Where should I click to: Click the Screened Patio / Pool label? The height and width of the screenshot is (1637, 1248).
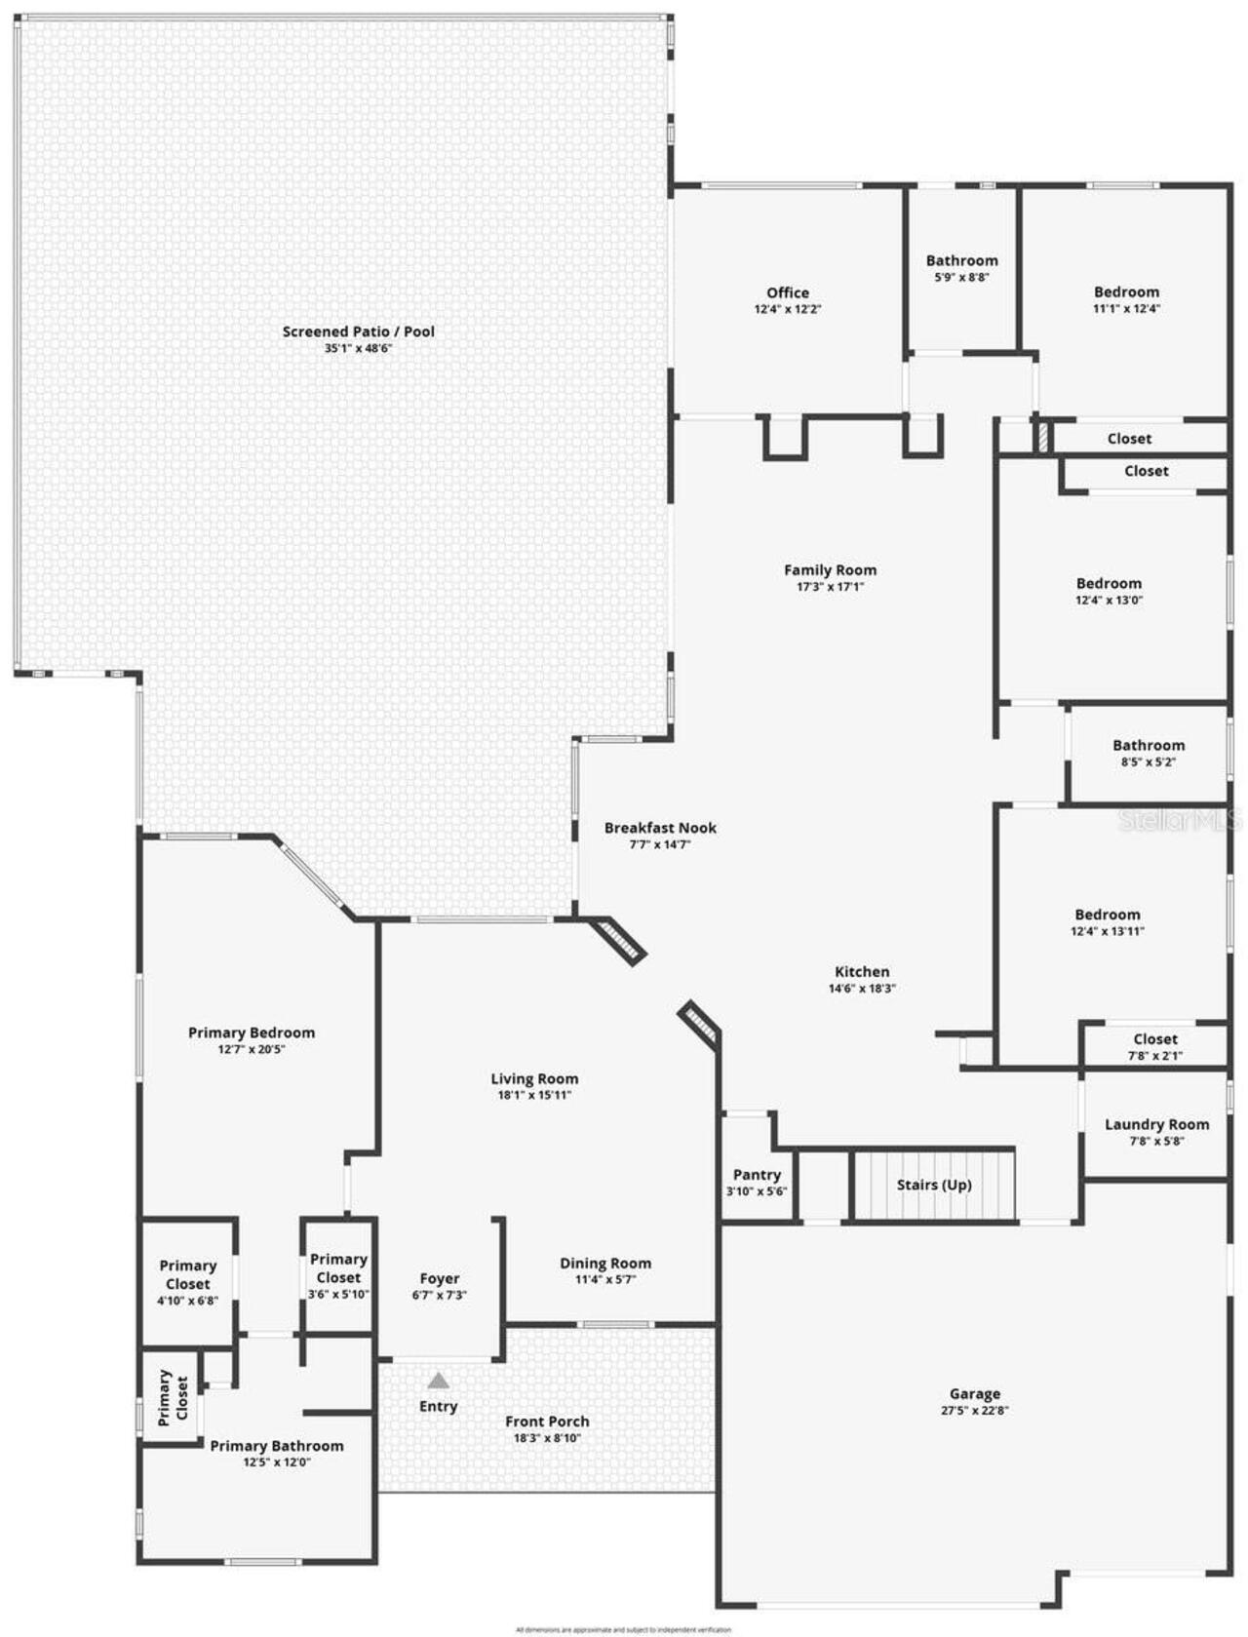coord(358,331)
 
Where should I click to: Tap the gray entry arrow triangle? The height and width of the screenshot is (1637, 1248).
coord(438,1380)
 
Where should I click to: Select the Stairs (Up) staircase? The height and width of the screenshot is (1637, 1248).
coord(934,1185)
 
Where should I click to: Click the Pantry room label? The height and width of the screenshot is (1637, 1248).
coord(757,1175)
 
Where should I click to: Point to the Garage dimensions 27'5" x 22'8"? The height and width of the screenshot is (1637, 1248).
coord(975,1410)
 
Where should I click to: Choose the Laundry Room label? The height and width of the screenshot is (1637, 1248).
coord(1156,1124)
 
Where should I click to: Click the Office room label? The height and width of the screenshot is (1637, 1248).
coord(787,292)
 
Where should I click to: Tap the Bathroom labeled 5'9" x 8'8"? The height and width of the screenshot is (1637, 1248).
coord(961,260)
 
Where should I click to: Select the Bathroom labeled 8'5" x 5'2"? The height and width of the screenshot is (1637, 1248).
coord(1149,746)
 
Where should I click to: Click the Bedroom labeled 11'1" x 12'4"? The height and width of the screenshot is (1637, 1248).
coord(1126,292)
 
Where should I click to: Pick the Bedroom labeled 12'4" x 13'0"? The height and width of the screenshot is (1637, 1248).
coord(1109,584)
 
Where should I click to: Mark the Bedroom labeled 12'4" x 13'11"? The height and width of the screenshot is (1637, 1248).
coord(1107,915)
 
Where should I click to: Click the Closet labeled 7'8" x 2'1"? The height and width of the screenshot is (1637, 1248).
coord(1155,1039)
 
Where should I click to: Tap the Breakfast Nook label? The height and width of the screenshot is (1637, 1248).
coord(660,828)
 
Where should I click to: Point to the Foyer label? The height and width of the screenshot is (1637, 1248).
coord(439,1278)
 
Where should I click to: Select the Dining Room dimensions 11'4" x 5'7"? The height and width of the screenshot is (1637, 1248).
coord(604,1279)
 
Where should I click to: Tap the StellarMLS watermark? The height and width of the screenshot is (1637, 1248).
coord(1180,820)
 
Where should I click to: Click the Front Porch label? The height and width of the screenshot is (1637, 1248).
coord(547,1422)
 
